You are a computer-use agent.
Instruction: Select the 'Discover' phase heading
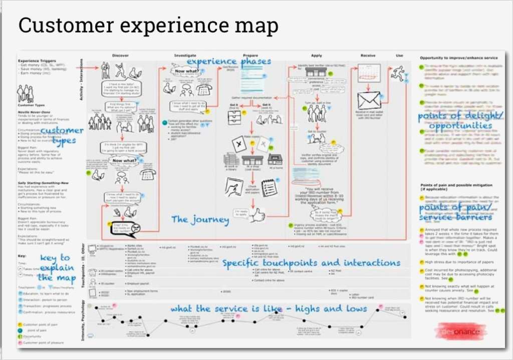click(120, 56)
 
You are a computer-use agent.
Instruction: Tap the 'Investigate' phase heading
click(185, 56)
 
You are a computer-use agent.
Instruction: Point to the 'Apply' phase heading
click(316, 56)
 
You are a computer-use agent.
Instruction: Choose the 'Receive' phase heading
click(368, 56)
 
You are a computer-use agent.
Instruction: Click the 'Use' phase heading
click(399, 56)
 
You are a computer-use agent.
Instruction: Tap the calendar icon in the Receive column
click(369, 73)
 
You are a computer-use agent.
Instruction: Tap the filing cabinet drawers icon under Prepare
click(234, 118)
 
